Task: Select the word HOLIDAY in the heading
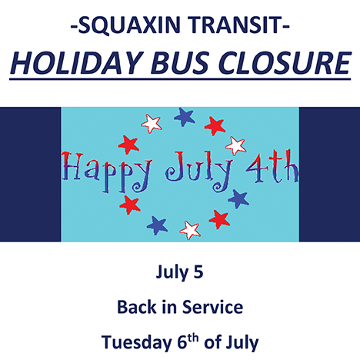(76, 63)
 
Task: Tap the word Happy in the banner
(106, 172)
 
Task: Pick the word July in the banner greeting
(198, 172)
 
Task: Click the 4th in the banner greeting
(272, 167)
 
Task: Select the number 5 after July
(198, 272)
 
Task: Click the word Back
(136, 307)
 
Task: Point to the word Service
(212, 307)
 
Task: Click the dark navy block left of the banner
(31, 175)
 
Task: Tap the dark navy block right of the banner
(329, 175)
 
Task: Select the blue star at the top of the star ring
(184, 117)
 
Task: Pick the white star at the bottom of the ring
(190, 230)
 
